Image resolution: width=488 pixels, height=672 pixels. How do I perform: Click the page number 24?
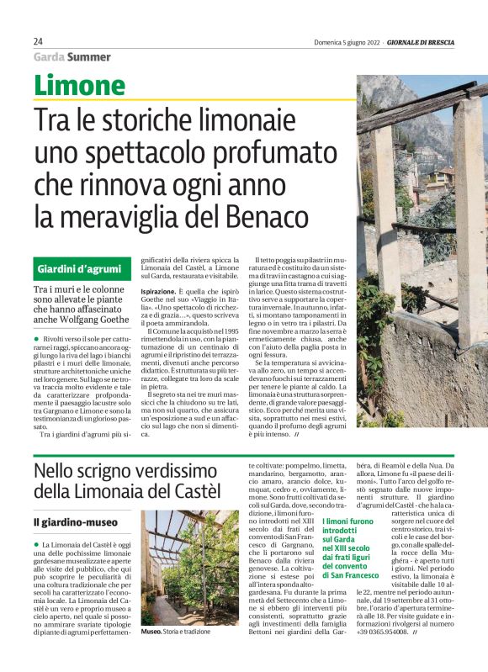[x=39, y=41]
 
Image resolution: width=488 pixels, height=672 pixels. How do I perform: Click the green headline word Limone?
[x=80, y=86]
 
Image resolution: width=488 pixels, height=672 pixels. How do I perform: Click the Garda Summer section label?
[x=72, y=57]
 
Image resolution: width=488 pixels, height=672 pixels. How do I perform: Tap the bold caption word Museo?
[x=151, y=654]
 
